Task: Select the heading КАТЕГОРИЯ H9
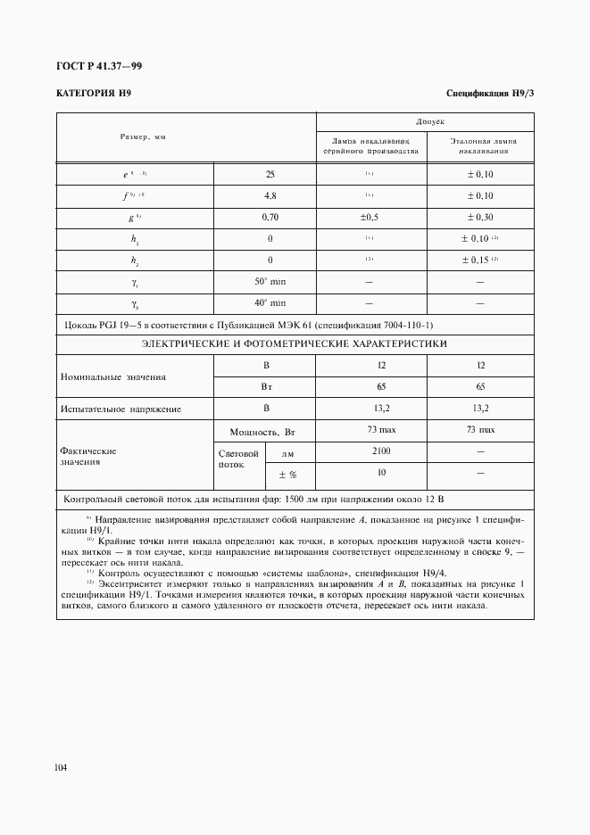(x=95, y=93)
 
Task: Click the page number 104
(x=62, y=766)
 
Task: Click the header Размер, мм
(x=144, y=136)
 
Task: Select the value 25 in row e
(x=270, y=174)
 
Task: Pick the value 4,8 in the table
(x=270, y=195)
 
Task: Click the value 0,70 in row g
(x=270, y=217)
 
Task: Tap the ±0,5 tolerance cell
(x=370, y=217)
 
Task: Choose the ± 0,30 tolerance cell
(x=480, y=217)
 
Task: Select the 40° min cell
(x=270, y=302)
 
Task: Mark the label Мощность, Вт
(x=264, y=431)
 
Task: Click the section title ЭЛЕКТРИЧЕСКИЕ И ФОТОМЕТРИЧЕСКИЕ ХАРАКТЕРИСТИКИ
(x=295, y=343)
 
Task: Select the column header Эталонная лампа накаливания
(x=480, y=145)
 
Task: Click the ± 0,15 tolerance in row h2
(x=480, y=260)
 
